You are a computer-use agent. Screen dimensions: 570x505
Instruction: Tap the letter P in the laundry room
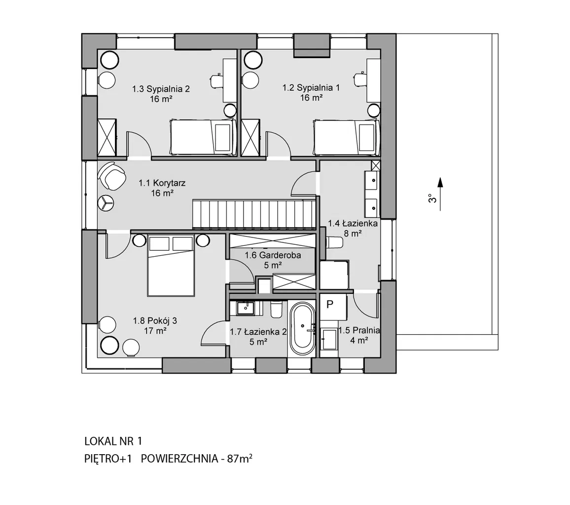point(330,304)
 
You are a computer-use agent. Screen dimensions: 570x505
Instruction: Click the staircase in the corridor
point(254,214)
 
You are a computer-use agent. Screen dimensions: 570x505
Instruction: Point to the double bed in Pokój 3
point(171,266)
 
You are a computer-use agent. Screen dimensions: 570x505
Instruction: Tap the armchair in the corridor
point(111,176)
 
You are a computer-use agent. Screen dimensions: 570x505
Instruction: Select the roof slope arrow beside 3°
point(440,194)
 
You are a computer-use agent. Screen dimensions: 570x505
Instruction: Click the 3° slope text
point(431,198)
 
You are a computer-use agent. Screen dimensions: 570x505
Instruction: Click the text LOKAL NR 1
point(113,441)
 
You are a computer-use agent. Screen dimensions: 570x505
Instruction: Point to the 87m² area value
point(240,459)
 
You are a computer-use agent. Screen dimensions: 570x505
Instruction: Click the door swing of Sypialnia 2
point(139,145)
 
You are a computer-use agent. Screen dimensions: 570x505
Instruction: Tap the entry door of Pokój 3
point(118,244)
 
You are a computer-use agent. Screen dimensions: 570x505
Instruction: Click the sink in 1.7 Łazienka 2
point(246,308)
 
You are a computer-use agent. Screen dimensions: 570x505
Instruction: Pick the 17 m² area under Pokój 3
point(155,331)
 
